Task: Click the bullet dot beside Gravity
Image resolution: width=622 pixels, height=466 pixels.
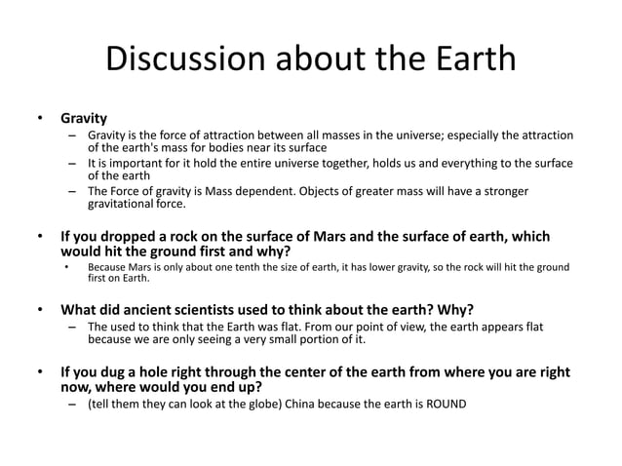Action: pos(40,118)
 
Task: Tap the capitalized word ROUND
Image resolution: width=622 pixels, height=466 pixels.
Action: pos(445,403)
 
